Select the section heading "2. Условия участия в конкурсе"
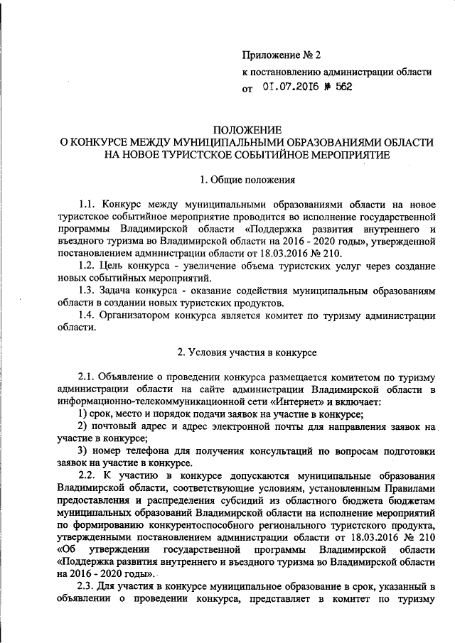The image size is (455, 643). click(247, 352)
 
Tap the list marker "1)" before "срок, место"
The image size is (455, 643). click(83, 414)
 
